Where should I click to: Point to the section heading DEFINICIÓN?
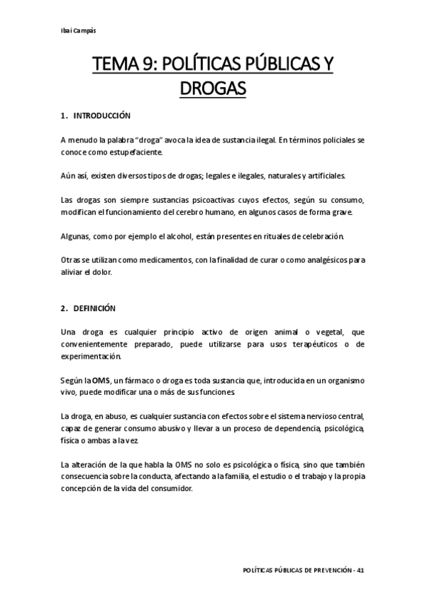click(x=98, y=308)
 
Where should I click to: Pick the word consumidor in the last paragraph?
click(x=173, y=489)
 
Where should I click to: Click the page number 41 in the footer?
click(x=361, y=571)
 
